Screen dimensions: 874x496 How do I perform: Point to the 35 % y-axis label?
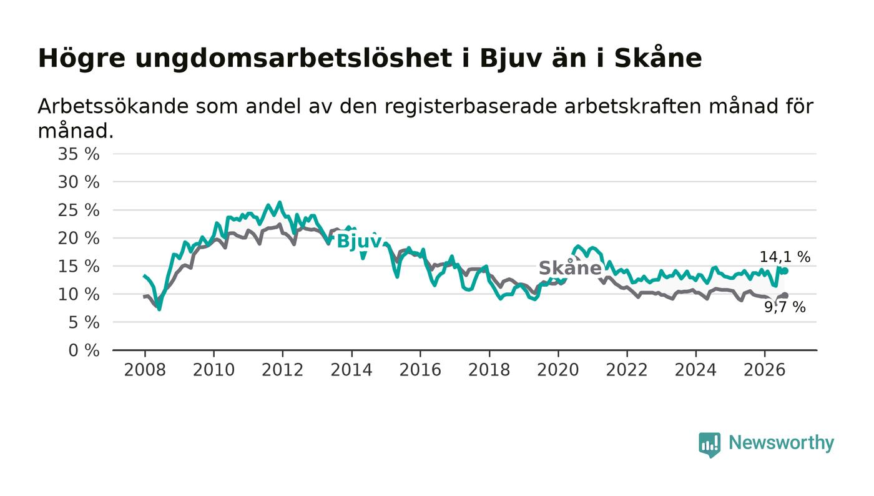click(x=79, y=154)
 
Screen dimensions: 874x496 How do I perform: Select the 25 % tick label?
click(x=79, y=210)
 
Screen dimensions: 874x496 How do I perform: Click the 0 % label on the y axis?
click(x=84, y=350)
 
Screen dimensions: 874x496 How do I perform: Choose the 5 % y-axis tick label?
click(x=84, y=322)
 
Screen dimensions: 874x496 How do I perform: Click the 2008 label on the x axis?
click(x=145, y=370)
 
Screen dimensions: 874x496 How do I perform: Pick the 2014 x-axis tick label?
click(x=351, y=370)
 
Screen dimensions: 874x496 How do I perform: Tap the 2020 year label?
click(x=558, y=370)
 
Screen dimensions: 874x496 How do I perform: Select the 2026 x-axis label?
click(x=764, y=370)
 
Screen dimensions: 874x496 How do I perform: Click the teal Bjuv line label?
click(x=358, y=242)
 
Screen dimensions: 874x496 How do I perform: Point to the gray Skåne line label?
click(x=570, y=267)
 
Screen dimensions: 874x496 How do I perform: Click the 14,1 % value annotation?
click(x=785, y=257)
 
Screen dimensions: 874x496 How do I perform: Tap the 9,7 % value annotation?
click(x=785, y=307)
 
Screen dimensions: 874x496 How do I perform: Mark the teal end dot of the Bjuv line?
click(x=785, y=270)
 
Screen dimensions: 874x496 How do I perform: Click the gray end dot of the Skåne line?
click(x=785, y=295)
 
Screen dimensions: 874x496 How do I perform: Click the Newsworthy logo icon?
click(x=710, y=444)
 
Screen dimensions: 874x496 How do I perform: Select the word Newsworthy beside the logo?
click(x=782, y=443)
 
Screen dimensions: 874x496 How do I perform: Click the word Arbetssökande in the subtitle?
click(x=113, y=106)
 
